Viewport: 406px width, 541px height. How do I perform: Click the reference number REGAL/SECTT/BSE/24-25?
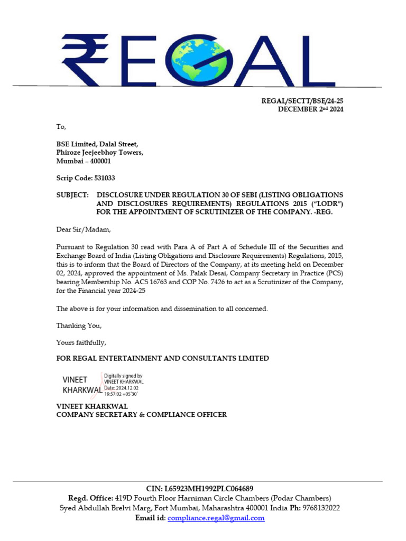coord(303,100)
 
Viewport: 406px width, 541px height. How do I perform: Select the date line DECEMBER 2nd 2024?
coord(311,109)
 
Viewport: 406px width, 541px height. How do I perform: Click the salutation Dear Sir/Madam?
coord(84,229)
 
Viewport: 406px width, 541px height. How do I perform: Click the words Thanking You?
coord(79,325)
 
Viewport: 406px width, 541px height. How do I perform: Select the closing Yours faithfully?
coord(81,342)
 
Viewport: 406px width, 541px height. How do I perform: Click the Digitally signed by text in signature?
coord(123,376)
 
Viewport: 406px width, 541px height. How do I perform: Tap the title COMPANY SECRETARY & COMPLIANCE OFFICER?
coord(142,415)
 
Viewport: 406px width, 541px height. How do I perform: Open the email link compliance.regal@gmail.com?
coord(216,518)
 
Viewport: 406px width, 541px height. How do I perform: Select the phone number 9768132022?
coord(321,508)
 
